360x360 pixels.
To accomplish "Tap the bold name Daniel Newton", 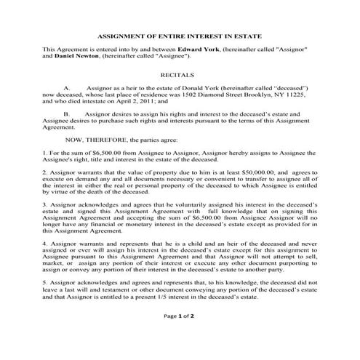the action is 75,55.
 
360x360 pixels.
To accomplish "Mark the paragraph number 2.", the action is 44,171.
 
